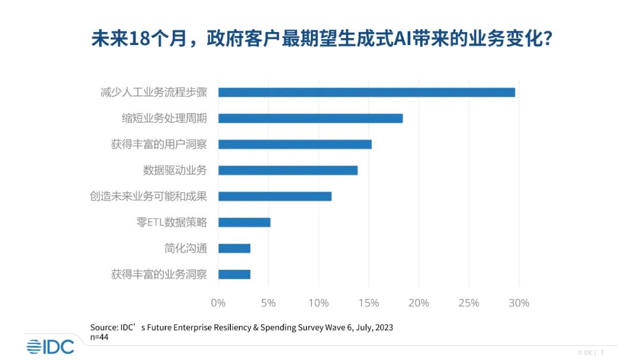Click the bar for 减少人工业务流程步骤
[366, 93]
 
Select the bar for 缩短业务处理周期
[310, 118]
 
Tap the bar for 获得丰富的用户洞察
[295, 144]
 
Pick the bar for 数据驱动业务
[288, 170]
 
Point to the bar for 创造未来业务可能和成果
[275, 196]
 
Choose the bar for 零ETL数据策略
[245, 222]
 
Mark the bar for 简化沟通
[234, 249]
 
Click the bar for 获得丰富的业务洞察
[234, 274]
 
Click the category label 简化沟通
[186, 249]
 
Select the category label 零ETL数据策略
[172, 222]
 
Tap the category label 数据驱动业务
[175, 170]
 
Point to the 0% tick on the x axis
[218, 303]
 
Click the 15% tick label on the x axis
[369, 303]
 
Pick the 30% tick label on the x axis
[519, 303]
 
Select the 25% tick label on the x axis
[469, 303]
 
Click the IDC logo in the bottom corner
[50, 346]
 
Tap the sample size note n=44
[99, 336]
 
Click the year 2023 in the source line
[383, 327]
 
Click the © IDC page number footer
[591, 352]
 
